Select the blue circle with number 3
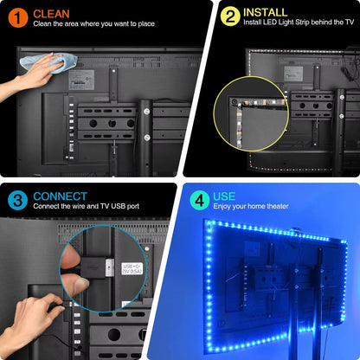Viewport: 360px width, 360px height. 16,201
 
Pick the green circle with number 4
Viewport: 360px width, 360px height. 198,201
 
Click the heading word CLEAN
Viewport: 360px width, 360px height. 53,12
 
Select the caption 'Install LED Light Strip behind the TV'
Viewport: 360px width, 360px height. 299,24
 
